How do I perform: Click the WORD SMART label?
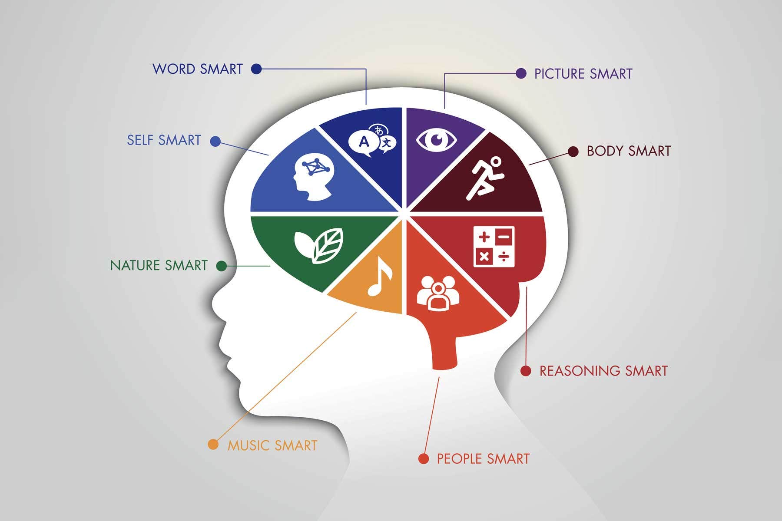tap(198, 69)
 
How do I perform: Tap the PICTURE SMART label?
tap(583, 74)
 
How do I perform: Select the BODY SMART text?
tap(629, 151)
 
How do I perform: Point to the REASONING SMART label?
tap(603, 371)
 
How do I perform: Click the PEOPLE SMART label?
tap(483, 459)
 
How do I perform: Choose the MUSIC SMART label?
tap(272, 445)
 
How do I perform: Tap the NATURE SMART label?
tap(159, 265)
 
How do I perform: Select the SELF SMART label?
tap(164, 140)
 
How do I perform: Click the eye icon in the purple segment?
tap(437, 140)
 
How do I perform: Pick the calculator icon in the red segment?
tap(494, 246)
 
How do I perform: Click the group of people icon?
tap(438, 293)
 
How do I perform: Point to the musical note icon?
tap(380, 277)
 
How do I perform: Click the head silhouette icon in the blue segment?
tap(314, 177)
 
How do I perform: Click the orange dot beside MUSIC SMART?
tap(213, 445)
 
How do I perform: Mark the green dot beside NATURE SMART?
tap(222, 266)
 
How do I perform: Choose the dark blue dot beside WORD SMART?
tap(256, 69)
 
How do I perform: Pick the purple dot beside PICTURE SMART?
tap(521, 73)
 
